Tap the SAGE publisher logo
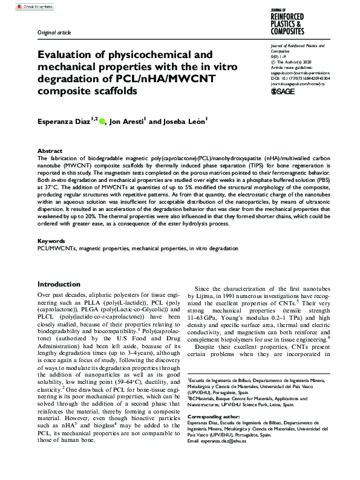pos(284,91)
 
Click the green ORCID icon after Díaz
pos(102,122)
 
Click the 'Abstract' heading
pos(50,151)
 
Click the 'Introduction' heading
pos(63,284)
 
